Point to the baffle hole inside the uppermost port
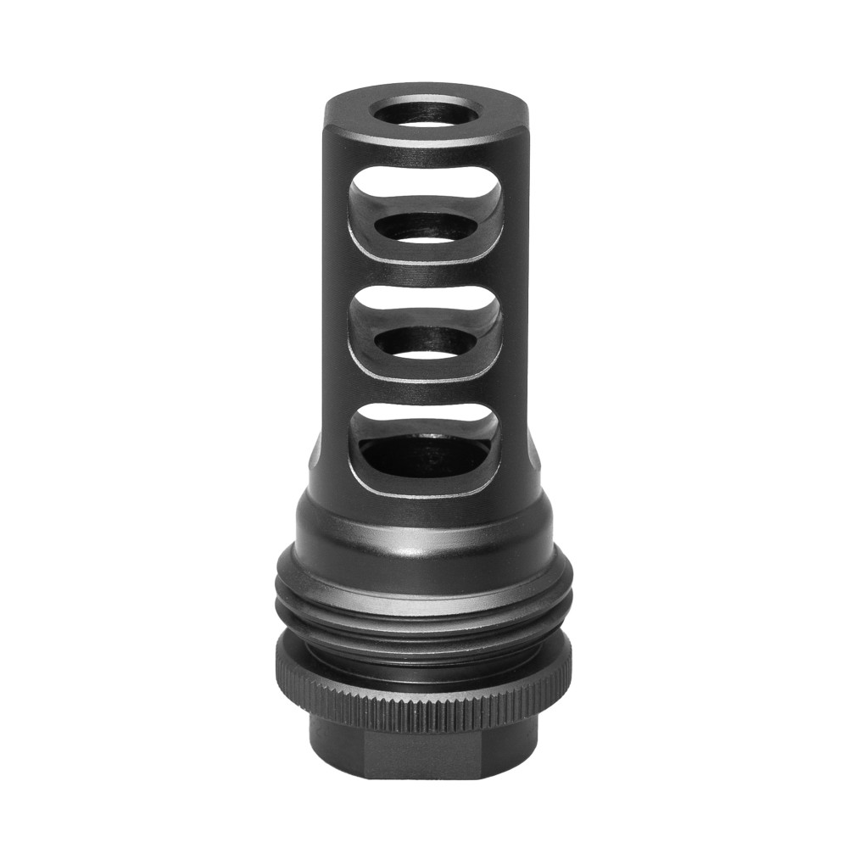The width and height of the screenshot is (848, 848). pos(424,226)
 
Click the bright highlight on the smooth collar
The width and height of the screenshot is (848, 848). pos(425,543)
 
